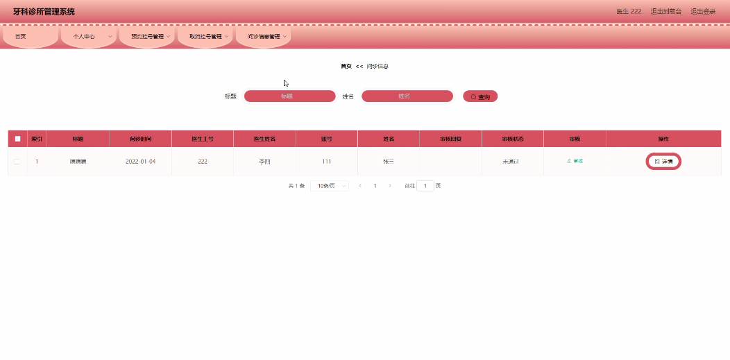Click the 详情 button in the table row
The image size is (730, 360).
click(663, 161)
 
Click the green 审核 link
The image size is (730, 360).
click(575, 161)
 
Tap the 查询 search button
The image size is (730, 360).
click(480, 96)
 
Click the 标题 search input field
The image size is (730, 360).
click(289, 96)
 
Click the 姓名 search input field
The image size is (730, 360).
click(407, 96)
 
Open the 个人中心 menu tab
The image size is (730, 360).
click(88, 36)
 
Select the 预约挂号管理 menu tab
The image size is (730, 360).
click(147, 36)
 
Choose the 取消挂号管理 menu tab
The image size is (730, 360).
click(205, 36)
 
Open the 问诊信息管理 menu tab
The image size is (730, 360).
click(264, 36)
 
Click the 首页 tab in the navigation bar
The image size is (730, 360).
click(30, 36)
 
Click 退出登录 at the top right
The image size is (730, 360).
click(703, 12)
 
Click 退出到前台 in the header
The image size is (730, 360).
click(665, 12)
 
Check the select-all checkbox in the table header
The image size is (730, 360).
click(17, 139)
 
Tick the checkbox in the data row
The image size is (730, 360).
click(17, 162)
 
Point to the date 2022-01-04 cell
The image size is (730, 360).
click(140, 162)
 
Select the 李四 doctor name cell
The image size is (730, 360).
click(264, 162)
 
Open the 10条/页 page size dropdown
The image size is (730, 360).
click(329, 186)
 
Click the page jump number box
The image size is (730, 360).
click(425, 186)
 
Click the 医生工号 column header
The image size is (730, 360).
click(203, 139)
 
